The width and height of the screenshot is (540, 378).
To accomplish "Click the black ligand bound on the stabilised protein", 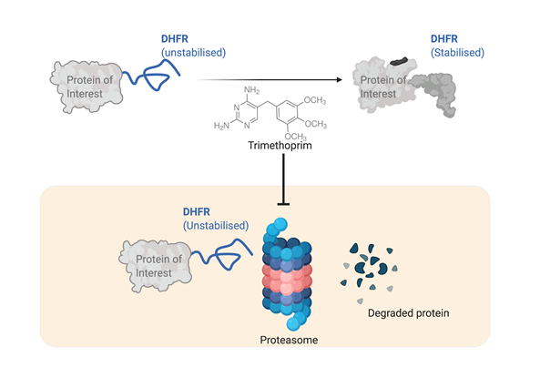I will [400, 62].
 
